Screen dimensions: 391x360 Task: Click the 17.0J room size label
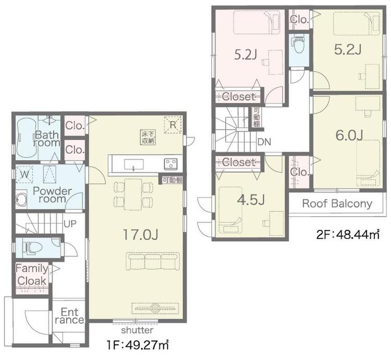coord(141,235)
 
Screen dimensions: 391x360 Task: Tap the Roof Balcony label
coord(337,203)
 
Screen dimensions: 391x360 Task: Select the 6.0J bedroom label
coord(349,135)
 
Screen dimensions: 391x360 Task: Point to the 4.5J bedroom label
coord(251,199)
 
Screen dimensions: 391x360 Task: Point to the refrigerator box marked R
coord(173,125)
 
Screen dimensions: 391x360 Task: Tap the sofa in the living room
coord(153,261)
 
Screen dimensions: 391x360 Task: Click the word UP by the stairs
coord(70,224)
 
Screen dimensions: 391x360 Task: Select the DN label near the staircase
coord(264,142)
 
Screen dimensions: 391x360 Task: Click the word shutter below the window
coord(137,330)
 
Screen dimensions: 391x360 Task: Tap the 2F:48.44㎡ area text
coord(348,234)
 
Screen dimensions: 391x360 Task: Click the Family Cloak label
coord(32,274)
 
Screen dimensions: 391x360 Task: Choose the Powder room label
coord(52,195)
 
